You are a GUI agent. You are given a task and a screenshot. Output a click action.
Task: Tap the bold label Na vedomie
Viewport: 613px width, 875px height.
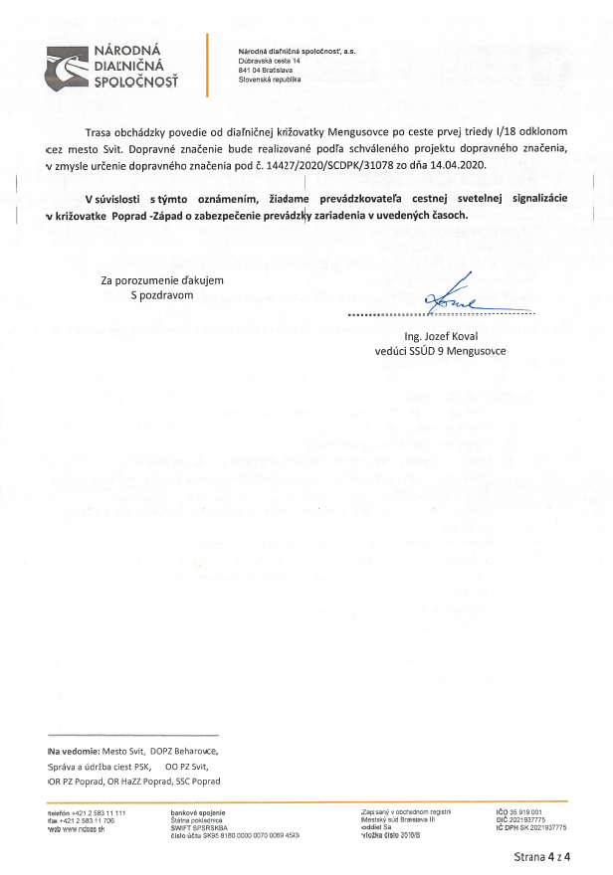[x=71, y=751]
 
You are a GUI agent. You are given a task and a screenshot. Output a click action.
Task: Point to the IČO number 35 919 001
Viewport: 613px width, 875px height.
[x=527, y=812]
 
